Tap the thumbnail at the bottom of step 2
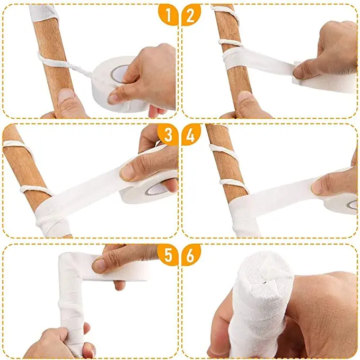(245, 98)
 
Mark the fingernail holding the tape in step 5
(100, 264)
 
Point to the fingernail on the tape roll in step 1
(115, 99)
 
